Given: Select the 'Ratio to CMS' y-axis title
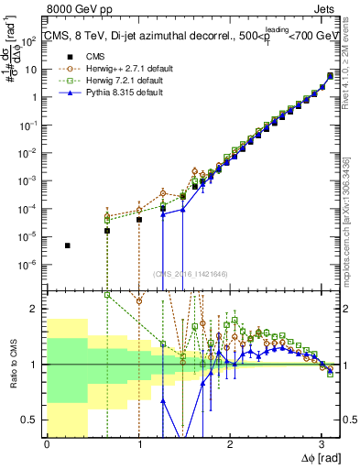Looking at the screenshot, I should click(13, 364).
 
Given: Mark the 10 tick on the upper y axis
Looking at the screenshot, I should click(35, 69).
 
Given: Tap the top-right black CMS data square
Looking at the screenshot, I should click(330, 76).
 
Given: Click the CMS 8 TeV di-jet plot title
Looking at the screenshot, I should click(183, 36).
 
